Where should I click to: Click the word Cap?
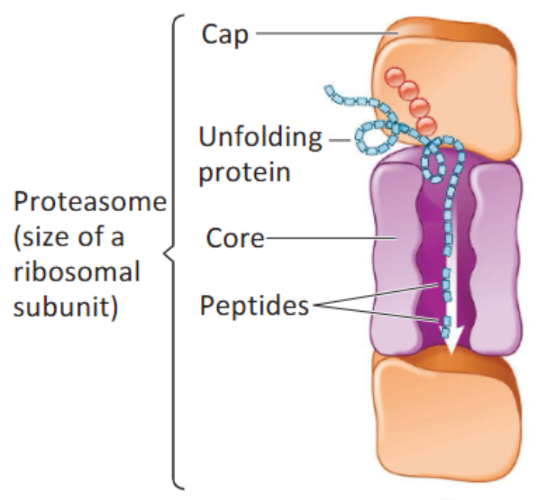click(x=225, y=34)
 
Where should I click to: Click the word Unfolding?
click(x=260, y=138)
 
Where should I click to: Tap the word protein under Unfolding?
click(x=244, y=171)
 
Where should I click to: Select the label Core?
click(x=235, y=239)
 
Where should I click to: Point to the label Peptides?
click(x=254, y=306)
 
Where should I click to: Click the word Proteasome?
click(x=90, y=203)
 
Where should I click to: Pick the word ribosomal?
click(x=77, y=272)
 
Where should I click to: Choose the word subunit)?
click(x=66, y=307)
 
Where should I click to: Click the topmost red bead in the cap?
click(x=394, y=77)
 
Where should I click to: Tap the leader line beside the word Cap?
click(x=324, y=34)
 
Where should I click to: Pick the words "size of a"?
click(x=69, y=237)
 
